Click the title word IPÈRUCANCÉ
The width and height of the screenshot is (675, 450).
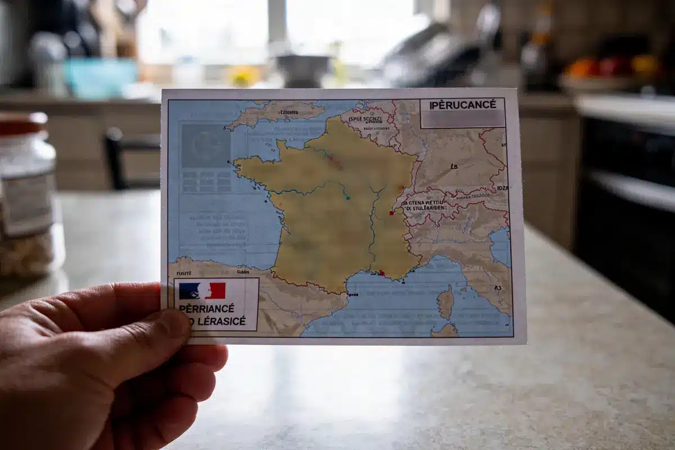click(x=462, y=105)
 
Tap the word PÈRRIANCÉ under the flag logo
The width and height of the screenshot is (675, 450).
click(x=206, y=308)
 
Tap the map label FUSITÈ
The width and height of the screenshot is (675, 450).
click(x=183, y=272)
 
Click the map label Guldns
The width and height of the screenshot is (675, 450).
click(x=243, y=272)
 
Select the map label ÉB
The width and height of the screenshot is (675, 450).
click(x=454, y=166)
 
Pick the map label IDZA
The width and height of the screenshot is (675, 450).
click(x=502, y=188)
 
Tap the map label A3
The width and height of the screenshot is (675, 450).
click(x=497, y=287)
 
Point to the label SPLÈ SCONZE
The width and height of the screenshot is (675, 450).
click(x=366, y=119)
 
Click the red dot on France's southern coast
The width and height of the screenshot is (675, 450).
click(x=382, y=273)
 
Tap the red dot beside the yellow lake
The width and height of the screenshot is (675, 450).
click(x=391, y=213)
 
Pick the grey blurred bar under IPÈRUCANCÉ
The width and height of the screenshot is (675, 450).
click(x=462, y=118)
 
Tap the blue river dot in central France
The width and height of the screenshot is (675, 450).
click(x=348, y=197)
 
